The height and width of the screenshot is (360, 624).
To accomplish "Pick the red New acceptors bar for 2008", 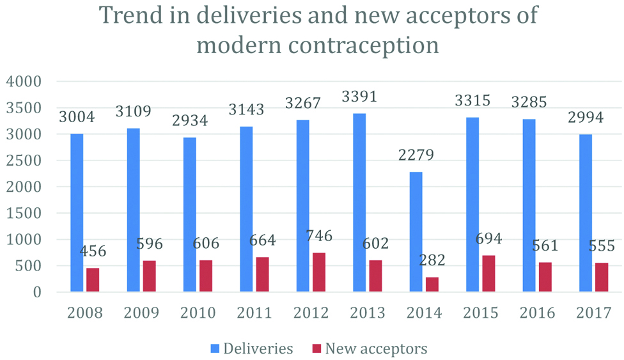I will (93, 280).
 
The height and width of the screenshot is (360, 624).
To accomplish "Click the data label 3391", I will (360, 97).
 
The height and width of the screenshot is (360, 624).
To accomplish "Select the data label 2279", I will (416, 156).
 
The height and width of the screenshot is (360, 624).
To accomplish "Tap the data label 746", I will (319, 236).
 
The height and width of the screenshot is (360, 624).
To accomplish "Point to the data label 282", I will (432, 260).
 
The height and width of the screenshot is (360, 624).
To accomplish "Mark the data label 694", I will (488, 239).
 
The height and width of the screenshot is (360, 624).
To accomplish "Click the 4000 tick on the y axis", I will (24, 82).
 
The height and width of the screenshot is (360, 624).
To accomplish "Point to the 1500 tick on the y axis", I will (24, 214).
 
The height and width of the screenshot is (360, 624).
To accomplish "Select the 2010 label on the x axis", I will (198, 313).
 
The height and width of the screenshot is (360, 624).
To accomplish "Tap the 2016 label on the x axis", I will (537, 313).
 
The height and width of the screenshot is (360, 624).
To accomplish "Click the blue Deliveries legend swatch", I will (215, 348).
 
